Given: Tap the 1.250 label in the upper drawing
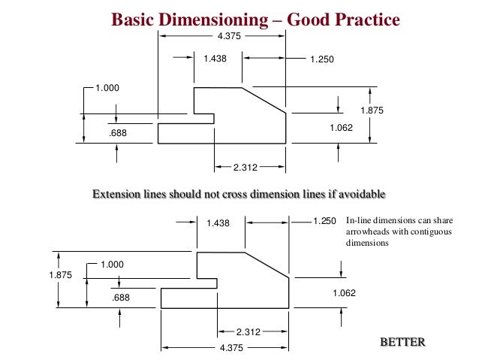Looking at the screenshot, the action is point(321,58).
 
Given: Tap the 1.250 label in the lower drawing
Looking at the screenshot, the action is point(324,222).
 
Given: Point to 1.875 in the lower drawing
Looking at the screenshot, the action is point(60,275).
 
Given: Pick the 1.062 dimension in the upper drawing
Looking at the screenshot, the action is point(342,129).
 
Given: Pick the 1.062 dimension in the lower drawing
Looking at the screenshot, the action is point(344,293).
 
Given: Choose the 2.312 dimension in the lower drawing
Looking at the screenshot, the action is point(249,332).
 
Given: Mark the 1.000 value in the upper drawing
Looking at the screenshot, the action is point(107,89).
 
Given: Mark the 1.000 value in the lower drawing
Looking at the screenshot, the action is point(112,265).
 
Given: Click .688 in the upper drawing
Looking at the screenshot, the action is point(117,133).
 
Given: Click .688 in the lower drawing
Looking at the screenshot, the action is point(120,298).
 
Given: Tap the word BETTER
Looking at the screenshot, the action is point(402,343).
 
